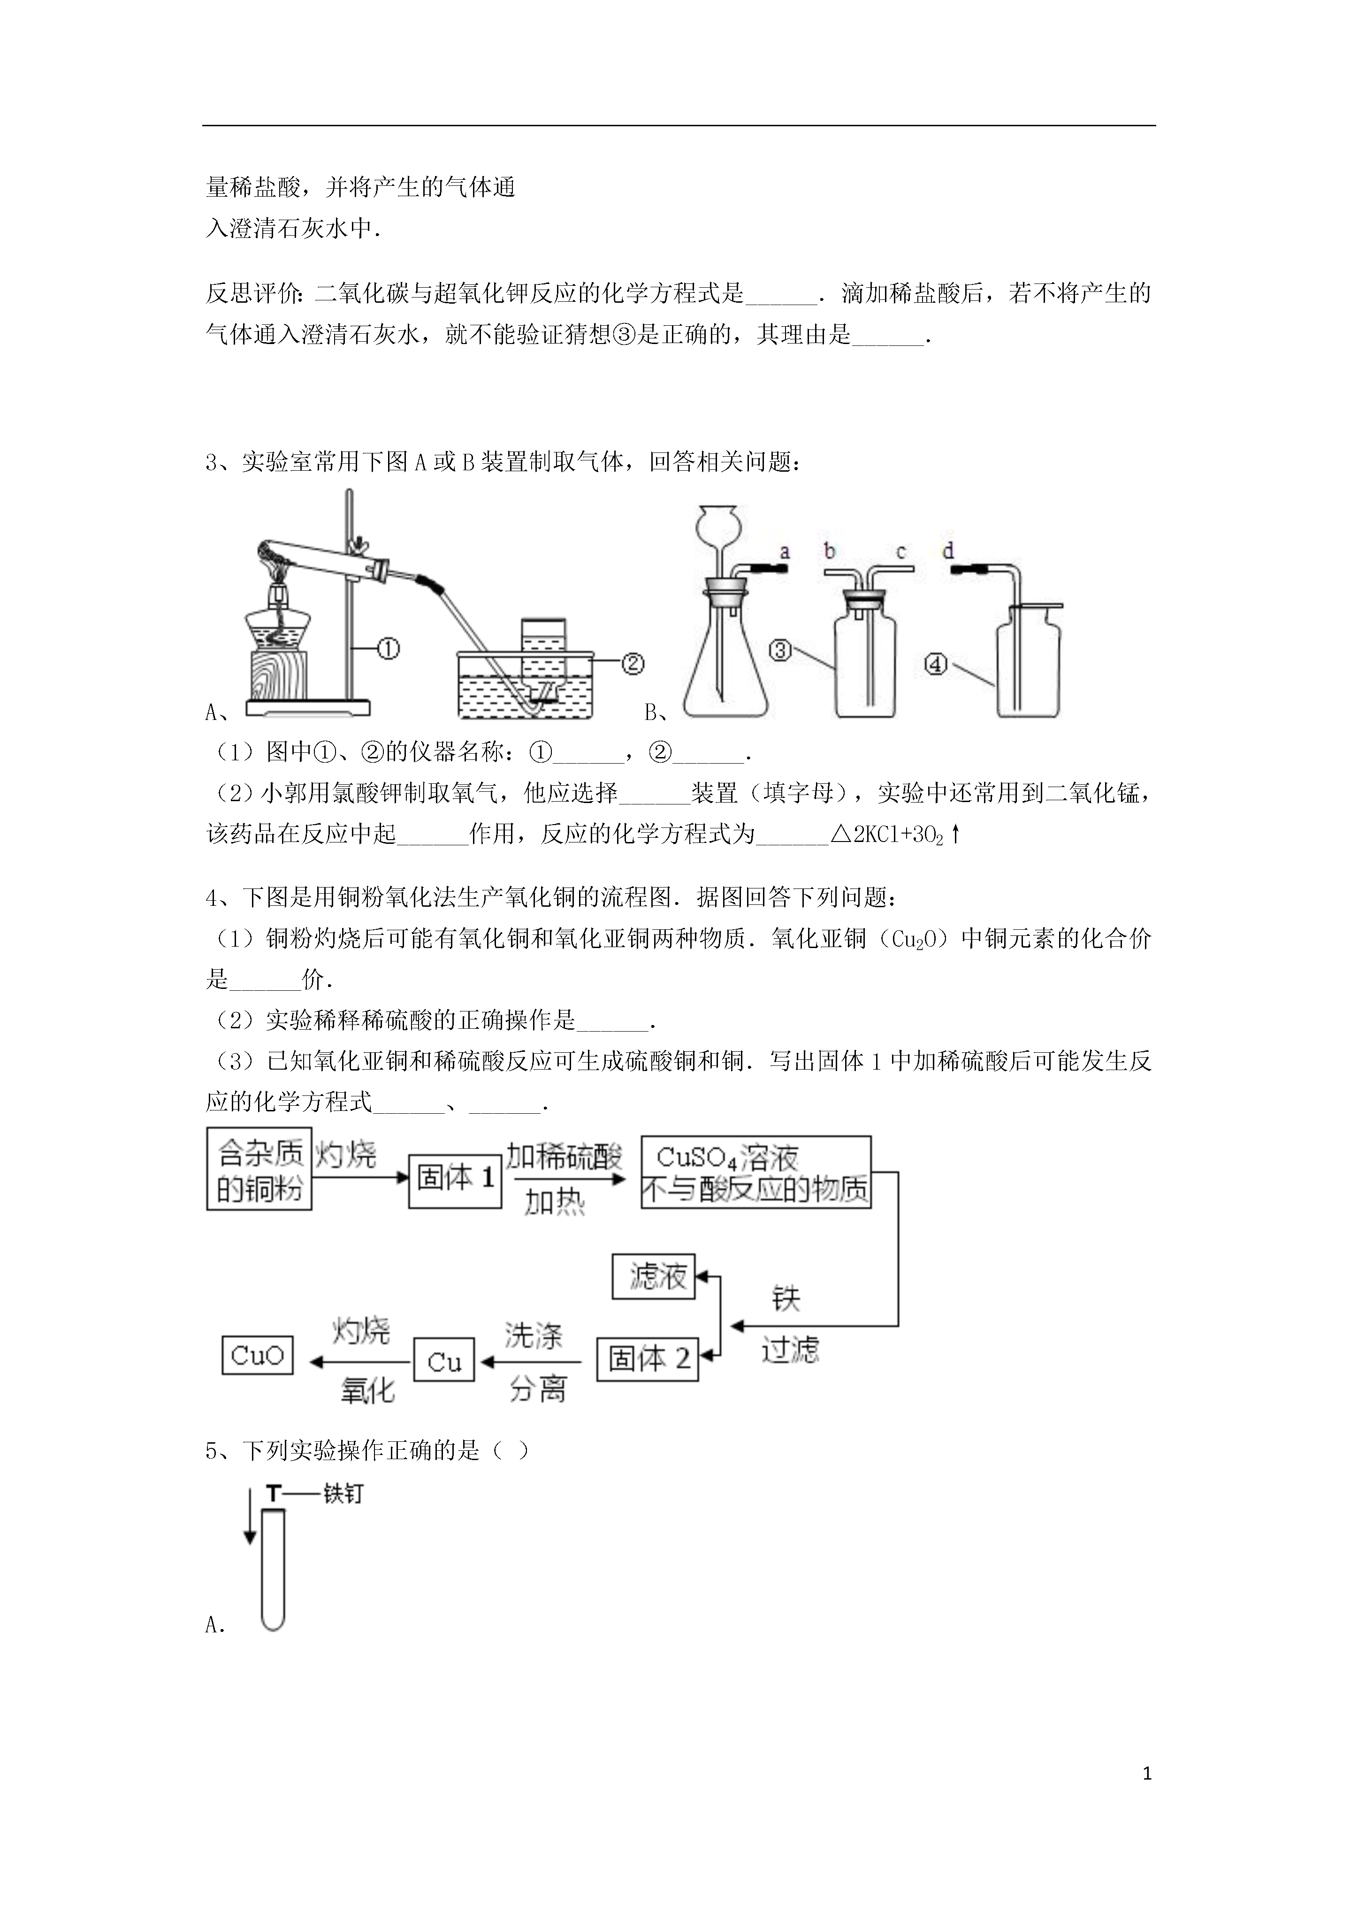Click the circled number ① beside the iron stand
click(388, 649)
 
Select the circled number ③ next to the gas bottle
click(780, 650)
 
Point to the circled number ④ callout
click(936, 664)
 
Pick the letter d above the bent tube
click(948, 551)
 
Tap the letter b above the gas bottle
click(829, 551)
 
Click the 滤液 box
click(654, 1277)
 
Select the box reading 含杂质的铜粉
click(259, 1169)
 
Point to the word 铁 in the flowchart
click(786, 1299)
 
